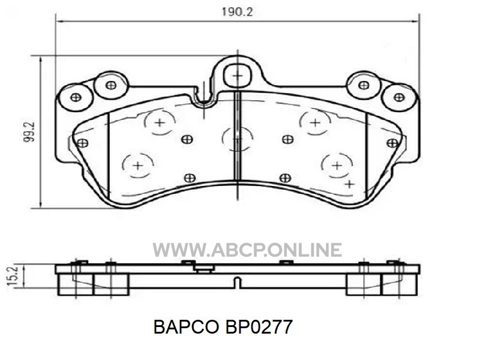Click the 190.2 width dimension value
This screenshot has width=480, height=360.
tap(237, 12)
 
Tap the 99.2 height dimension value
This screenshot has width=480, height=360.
tap(29, 132)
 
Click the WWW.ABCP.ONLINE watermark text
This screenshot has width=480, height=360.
tap(247, 250)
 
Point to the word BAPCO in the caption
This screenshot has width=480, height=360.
tap(186, 327)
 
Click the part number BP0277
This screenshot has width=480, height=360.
tap(259, 327)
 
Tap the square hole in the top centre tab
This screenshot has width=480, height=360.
tap(238, 76)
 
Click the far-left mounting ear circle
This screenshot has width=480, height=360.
tap(76, 97)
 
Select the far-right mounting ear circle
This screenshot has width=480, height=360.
tap(399, 97)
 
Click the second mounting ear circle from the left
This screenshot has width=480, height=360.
tap(110, 85)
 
